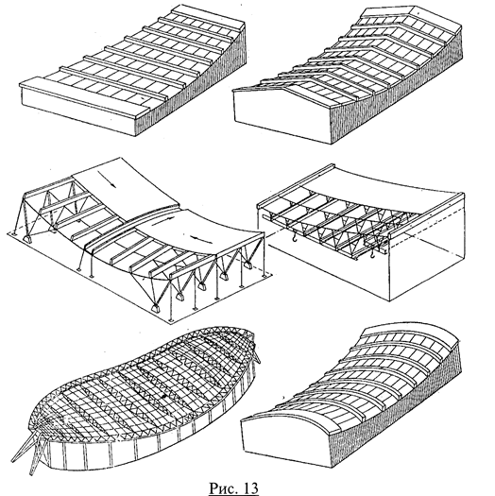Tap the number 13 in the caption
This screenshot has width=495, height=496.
[250, 487]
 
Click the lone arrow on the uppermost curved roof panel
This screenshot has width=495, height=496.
[107, 180]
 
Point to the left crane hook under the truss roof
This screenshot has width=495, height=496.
[295, 236]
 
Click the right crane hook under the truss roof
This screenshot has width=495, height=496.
[373, 253]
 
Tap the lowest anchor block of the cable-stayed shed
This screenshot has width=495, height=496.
[156, 308]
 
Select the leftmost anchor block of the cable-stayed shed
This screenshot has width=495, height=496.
[27, 238]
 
